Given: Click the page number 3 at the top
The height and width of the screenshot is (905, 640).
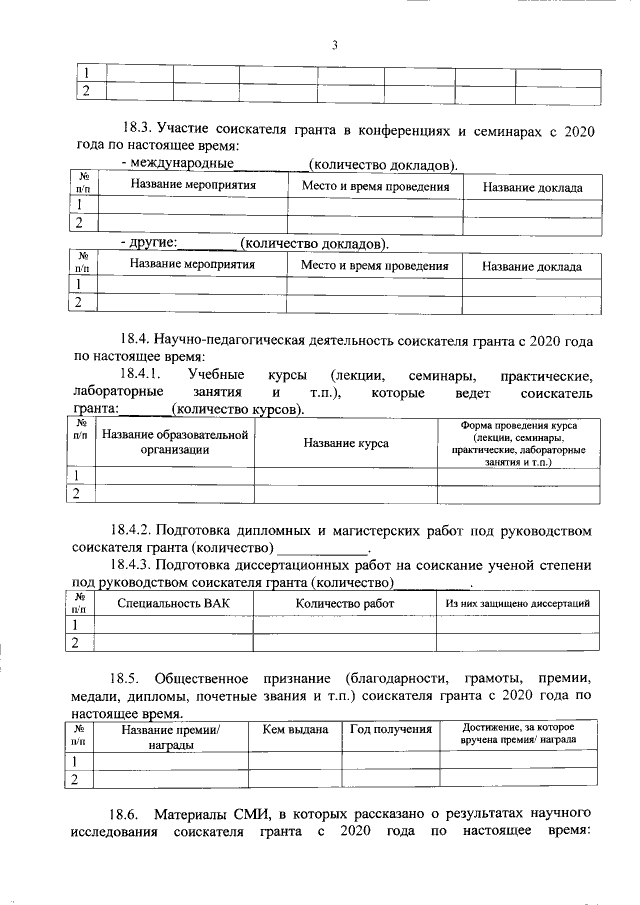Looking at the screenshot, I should coord(335,44).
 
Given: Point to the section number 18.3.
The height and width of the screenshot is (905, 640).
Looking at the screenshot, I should coord(135,129).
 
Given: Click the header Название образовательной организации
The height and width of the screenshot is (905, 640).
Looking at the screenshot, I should coord(174,442).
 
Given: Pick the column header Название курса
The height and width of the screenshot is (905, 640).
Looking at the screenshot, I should coord(346,443).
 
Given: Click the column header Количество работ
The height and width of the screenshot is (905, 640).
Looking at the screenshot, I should coord(345,603).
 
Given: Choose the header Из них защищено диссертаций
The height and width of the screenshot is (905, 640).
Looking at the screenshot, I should coord(518,603).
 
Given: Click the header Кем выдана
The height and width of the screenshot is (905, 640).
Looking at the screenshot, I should coord(295,730).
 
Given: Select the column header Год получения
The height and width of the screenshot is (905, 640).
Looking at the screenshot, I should coord(391,730).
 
